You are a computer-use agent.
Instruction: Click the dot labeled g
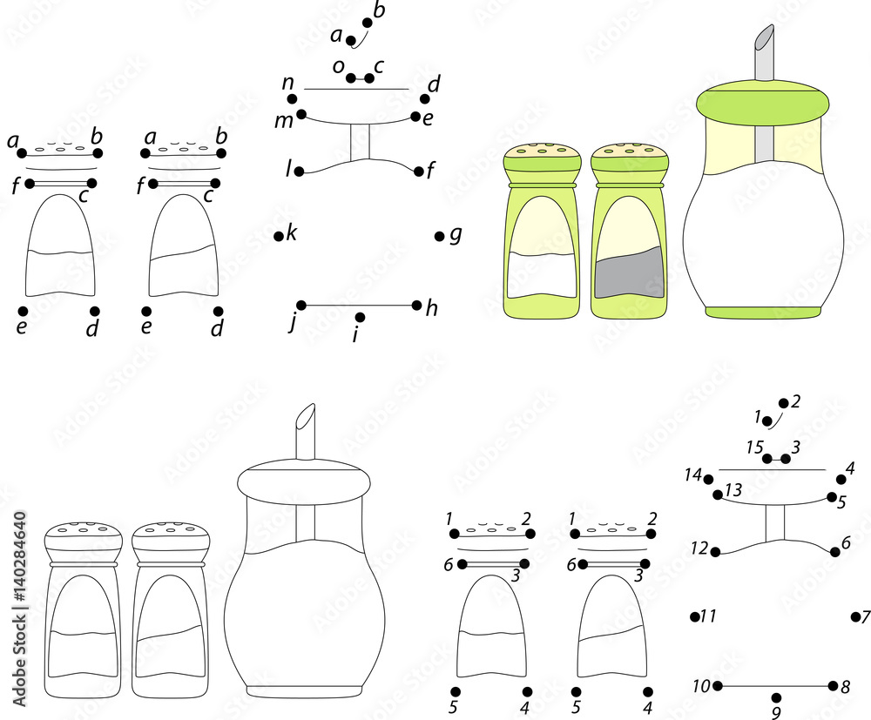tap(439, 235)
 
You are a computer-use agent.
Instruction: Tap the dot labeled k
tap(279, 235)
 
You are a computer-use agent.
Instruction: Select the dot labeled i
tap(361, 317)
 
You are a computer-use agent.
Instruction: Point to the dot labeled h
tap(417, 305)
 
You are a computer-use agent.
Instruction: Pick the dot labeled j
tap(301, 305)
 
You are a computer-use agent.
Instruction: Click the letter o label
tap(337, 65)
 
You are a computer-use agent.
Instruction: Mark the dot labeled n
tap(293, 99)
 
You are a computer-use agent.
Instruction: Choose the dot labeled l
tap(299, 172)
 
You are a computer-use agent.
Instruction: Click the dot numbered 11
tap(695, 616)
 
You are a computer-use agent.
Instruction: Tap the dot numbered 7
tap(854, 616)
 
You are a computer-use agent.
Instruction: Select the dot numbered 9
tap(777, 696)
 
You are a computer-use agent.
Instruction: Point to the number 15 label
tap(755, 447)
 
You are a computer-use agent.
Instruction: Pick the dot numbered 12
tap(715, 551)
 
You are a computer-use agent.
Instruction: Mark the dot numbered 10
tap(718, 685)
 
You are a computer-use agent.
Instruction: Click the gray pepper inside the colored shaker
tap(630, 273)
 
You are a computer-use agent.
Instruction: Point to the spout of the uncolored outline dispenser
tap(306, 431)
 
